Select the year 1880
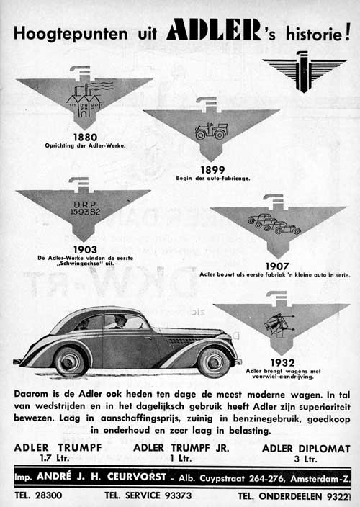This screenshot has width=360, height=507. pos(84,136)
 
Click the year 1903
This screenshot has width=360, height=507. pos(84,249)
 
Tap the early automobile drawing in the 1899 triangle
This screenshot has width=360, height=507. pos(211,132)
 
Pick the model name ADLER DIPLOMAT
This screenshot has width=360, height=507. pos(306,447)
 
